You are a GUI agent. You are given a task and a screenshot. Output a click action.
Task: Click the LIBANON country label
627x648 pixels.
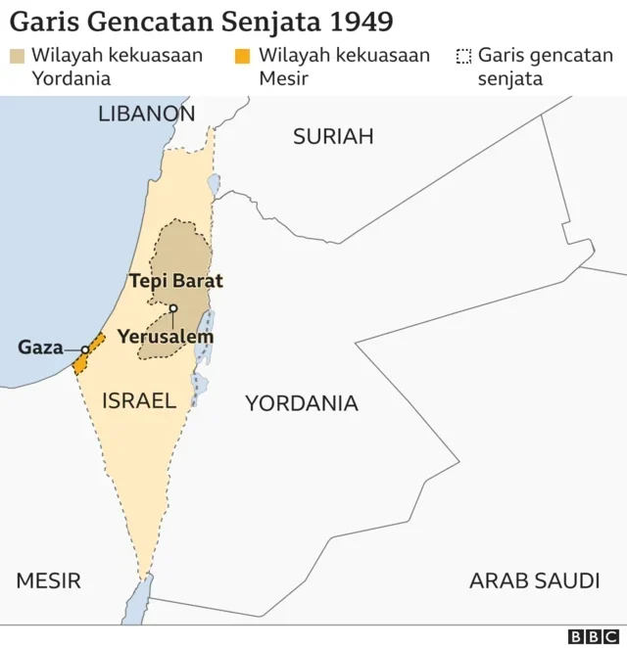tap(146, 114)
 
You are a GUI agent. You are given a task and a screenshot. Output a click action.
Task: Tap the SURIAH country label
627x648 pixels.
tap(333, 136)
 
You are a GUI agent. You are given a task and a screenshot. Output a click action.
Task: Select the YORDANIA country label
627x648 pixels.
tap(301, 402)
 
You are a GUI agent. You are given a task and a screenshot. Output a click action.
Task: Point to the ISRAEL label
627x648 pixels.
tap(138, 399)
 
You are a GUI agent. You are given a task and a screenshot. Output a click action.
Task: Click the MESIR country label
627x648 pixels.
tap(48, 580)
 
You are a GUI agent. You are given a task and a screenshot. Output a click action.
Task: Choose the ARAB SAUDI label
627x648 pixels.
tap(534, 580)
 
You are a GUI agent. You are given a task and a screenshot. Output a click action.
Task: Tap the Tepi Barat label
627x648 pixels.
tap(176, 281)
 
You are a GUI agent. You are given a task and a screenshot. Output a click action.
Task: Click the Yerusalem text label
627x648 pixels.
tap(166, 336)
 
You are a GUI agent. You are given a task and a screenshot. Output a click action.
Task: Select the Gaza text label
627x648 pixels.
tap(40, 347)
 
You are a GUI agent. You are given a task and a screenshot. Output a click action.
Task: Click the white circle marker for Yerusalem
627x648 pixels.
tap(172, 308)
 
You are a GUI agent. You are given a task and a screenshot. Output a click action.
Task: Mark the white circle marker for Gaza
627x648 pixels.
tap(84, 348)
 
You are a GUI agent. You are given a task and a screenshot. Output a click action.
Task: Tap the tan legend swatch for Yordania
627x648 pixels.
tap(17, 56)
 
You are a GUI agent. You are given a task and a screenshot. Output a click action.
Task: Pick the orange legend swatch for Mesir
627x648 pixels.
tap(242, 56)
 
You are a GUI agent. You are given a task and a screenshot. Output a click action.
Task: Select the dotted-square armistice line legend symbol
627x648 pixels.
tap(463, 56)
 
